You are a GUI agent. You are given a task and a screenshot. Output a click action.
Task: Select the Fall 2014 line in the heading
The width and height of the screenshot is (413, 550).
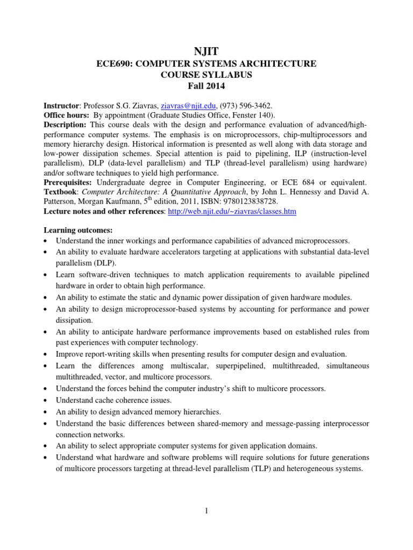206,86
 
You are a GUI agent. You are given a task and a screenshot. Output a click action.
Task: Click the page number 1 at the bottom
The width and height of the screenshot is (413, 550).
206,510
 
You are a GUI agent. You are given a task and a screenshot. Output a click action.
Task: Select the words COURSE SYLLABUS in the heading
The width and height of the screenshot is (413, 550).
206,75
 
